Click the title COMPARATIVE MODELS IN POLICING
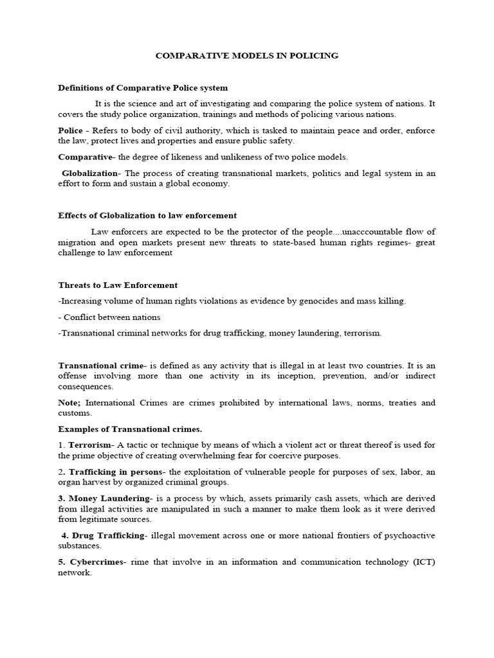coord(247,56)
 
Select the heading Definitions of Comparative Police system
coord(143,87)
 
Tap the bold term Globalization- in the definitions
coord(91,173)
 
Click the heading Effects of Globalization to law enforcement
coord(147,215)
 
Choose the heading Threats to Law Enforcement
coord(118,285)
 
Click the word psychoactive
coord(408,535)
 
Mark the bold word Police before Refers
coord(70,130)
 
